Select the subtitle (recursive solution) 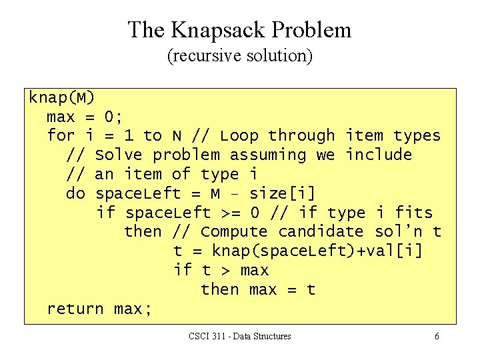click(239, 55)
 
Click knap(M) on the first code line click(61, 98)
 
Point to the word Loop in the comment click(239, 136)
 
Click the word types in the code click(417, 136)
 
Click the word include click(378, 155)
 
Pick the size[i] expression click(282, 194)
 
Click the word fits click(413, 213)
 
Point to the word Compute click(234, 232)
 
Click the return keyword click(75, 309)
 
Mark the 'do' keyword click(75, 194)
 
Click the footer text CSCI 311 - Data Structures click(239, 337)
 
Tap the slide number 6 click(437, 337)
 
